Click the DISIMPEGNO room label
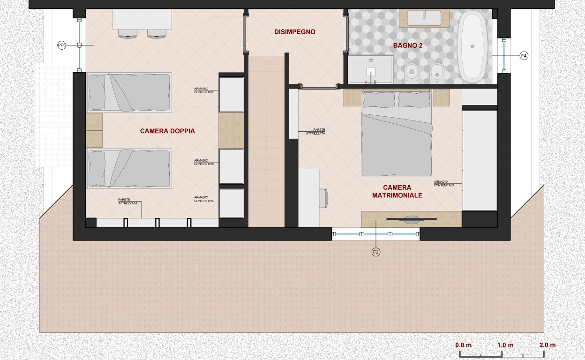(294, 32)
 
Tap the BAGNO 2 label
(408, 45)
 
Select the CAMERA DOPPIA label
(167, 131)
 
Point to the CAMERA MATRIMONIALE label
(397, 191)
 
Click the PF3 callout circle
(61, 45)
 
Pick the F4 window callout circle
(524, 56)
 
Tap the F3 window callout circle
(375, 252)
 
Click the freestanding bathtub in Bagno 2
(472, 46)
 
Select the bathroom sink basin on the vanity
(424, 18)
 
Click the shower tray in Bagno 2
(371, 69)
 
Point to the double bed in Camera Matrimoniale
(397, 133)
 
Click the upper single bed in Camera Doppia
(129, 92)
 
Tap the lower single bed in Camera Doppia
(129, 168)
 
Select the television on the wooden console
(412, 220)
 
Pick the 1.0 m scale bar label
(505, 345)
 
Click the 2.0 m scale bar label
(547, 345)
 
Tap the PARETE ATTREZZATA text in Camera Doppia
(127, 202)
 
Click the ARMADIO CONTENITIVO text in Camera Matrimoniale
(444, 183)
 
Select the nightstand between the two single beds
(94, 130)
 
